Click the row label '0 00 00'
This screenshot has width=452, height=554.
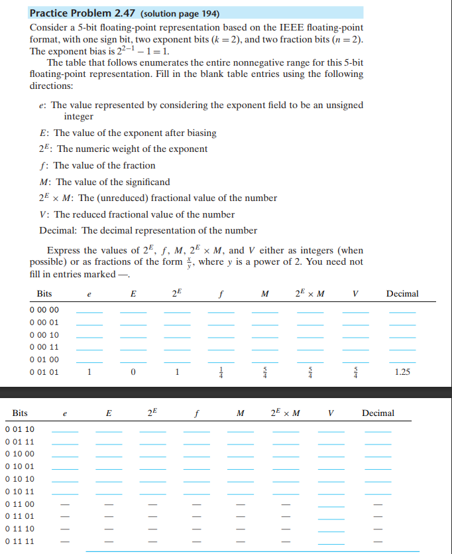point(44,310)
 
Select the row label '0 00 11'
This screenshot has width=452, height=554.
point(44,346)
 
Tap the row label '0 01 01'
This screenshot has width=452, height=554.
point(44,372)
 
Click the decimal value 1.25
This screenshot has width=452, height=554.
point(402,372)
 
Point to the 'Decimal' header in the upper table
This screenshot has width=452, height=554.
point(402,293)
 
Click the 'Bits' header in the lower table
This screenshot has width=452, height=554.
point(21,413)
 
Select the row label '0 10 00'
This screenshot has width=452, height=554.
point(19,454)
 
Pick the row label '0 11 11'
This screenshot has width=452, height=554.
point(19,541)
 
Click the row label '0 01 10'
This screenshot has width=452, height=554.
point(19,429)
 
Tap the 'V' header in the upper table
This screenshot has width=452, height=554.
point(356,293)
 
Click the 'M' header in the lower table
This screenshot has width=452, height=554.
point(239,413)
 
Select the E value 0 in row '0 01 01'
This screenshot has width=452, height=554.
point(133,372)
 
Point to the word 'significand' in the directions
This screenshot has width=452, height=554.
point(145,182)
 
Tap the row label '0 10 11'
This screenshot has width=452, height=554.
point(19,492)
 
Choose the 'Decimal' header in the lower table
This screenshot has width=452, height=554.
point(378,413)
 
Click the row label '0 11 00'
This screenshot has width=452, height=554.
point(19,504)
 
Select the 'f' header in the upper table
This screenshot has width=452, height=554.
point(221,293)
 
